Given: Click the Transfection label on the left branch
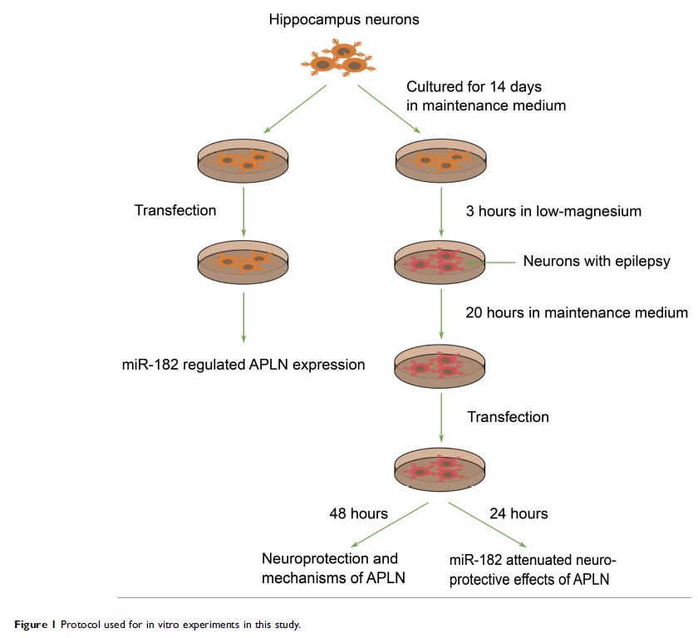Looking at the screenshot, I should [x=174, y=210].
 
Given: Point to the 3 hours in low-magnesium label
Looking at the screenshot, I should [x=554, y=210].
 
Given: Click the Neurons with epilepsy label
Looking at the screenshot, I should [x=596, y=262].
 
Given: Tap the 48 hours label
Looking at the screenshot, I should [x=359, y=513].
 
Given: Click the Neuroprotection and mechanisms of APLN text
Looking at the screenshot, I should [x=330, y=568].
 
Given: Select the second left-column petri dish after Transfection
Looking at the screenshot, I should [x=243, y=262].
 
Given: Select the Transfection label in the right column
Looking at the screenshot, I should [x=509, y=415].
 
